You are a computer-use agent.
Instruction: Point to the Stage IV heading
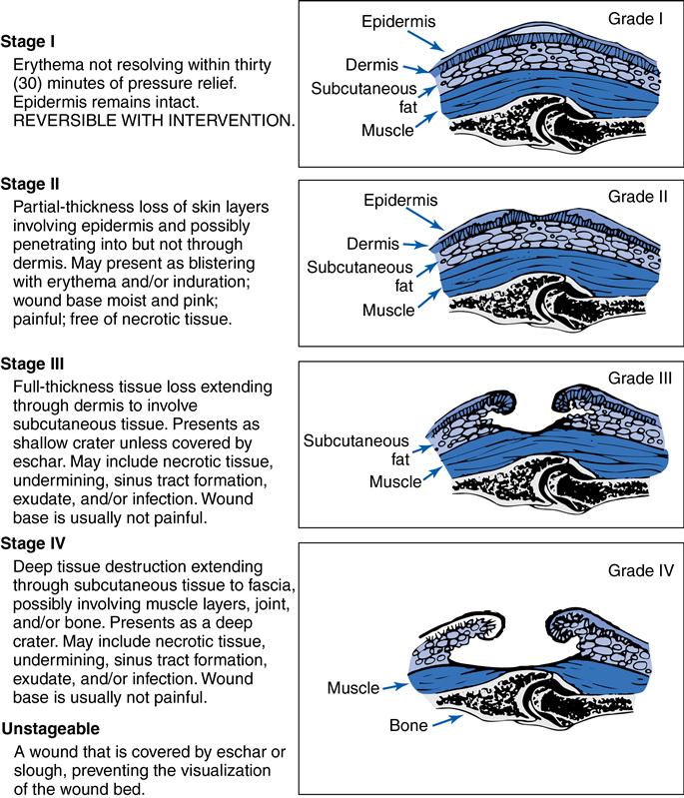36,543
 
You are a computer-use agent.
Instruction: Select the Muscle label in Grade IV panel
353,688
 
